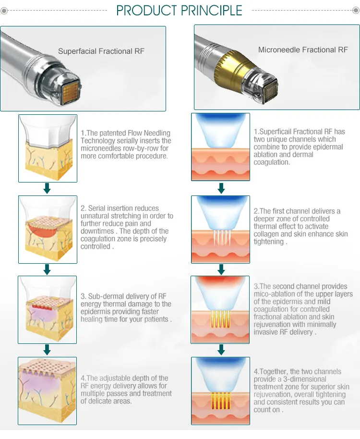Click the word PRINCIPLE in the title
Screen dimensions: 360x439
[212, 11]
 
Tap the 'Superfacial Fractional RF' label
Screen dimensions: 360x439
[101, 51]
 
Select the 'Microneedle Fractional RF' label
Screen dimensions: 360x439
[303, 50]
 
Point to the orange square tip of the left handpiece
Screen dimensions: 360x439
[70, 90]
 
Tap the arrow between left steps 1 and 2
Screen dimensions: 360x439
[47, 188]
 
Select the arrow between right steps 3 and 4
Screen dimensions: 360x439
[221, 349]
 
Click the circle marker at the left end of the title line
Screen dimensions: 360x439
[4, 11]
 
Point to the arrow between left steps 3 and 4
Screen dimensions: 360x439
[47, 350]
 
